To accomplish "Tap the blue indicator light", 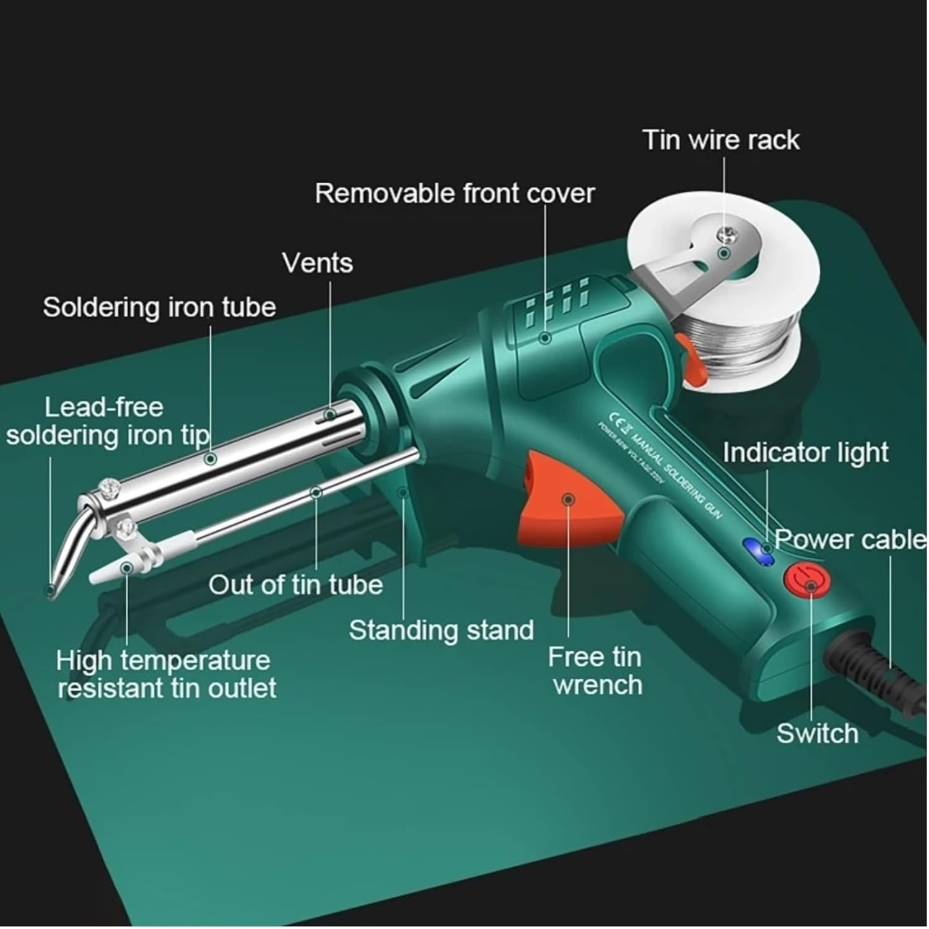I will point(758,550).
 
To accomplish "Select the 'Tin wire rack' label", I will point(721,140).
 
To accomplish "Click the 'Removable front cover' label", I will point(454,194).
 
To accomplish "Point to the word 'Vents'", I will point(318,263).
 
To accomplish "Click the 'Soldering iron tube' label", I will point(159,308).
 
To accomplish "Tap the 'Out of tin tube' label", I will point(295,585).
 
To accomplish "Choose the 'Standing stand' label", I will point(441,630).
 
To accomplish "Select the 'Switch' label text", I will point(817,734).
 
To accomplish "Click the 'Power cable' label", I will point(850,539).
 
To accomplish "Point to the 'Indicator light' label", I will point(805,453).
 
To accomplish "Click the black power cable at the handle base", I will point(867,669).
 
